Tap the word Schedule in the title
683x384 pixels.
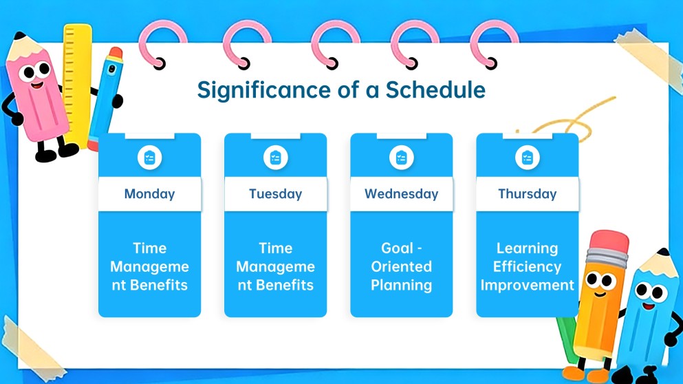(x=435, y=89)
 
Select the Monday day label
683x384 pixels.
(x=149, y=193)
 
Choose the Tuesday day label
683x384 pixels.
(x=275, y=193)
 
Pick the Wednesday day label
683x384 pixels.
(x=401, y=193)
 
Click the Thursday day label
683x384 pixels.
(x=527, y=193)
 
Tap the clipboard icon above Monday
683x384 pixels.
(x=149, y=158)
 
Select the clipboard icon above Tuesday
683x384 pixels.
(x=275, y=158)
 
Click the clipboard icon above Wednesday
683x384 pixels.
(x=401, y=158)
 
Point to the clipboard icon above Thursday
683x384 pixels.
(x=527, y=158)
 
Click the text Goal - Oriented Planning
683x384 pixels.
(x=401, y=266)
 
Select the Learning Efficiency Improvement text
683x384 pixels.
(x=527, y=266)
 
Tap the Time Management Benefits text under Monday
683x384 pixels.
(x=149, y=266)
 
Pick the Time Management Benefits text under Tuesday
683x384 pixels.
(x=275, y=266)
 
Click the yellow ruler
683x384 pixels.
(x=78, y=83)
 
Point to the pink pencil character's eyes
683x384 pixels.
(x=36, y=70)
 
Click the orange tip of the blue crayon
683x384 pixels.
(x=116, y=54)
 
